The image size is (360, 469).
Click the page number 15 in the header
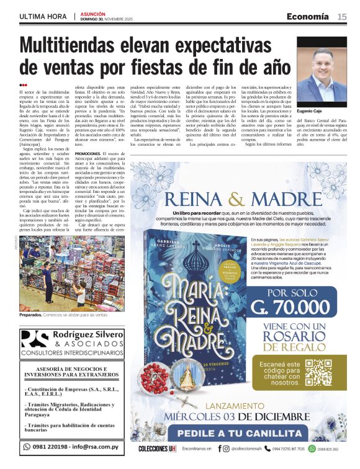click(x=342, y=16)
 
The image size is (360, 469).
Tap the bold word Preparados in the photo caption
click(x=32, y=316)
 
